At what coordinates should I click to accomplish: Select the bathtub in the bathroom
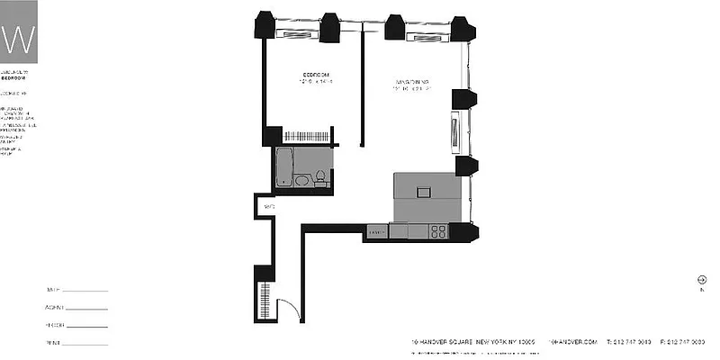[284, 167]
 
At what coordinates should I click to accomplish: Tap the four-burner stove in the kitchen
[439, 231]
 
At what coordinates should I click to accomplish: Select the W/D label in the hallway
[268, 207]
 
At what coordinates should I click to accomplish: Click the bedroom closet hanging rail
[309, 136]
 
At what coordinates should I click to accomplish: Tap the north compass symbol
[701, 280]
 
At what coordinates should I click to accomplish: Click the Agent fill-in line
[85, 308]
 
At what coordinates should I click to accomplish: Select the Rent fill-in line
[85, 343]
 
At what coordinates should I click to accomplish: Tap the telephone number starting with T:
[630, 342]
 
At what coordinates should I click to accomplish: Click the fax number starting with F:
[685, 342]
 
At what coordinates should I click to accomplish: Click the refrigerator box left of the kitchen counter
[376, 232]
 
